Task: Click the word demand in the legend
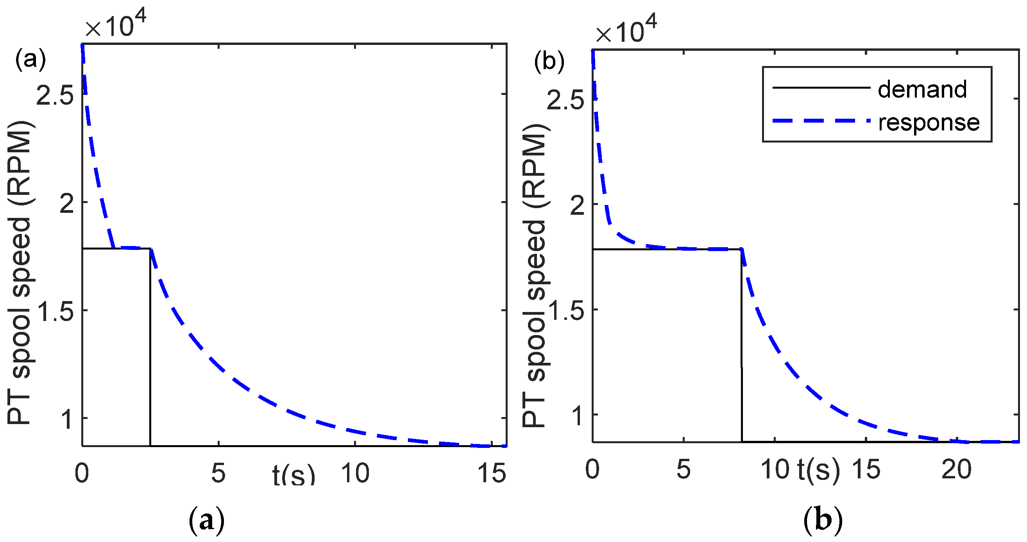tap(922, 89)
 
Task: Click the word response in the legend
tap(929, 122)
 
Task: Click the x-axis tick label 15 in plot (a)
tap(491, 474)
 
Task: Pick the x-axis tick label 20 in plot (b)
tap(956, 469)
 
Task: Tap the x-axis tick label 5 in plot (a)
tap(218, 474)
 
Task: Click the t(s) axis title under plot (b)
tap(818, 470)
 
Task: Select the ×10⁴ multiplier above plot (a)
tap(116, 25)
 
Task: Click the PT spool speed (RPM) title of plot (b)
tap(535, 275)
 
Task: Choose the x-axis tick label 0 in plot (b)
tap(592, 469)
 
